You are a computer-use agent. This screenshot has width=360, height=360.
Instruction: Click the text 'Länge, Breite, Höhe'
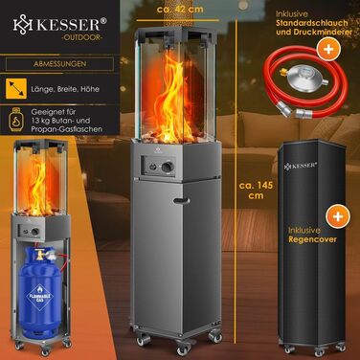tap(66, 93)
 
